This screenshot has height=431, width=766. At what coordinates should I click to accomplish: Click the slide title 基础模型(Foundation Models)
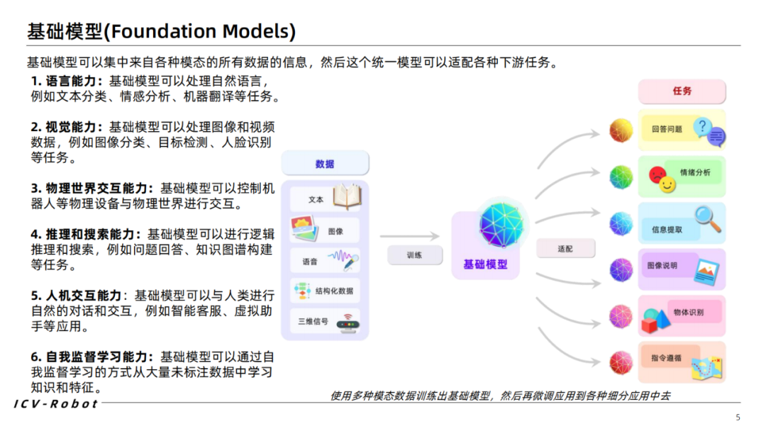pyautogui.click(x=162, y=31)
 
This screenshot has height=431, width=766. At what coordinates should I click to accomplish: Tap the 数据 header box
pyautogui.click(x=325, y=164)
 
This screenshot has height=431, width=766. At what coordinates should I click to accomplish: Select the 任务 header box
pyautogui.click(x=682, y=91)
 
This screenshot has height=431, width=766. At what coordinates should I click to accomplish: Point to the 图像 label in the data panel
pyautogui.click(x=316, y=231)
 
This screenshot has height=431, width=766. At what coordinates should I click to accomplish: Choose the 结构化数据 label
pyautogui.click(x=333, y=291)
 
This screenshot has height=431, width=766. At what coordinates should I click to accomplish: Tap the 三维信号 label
pyautogui.click(x=313, y=321)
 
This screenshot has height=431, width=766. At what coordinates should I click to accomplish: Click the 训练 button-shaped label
pyautogui.click(x=415, y=255)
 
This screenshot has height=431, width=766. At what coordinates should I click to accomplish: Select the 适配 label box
pyautogui.click(x=565, y=249)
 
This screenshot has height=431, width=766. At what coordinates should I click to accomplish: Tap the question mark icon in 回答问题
pyautogui.click(x=702, y=126)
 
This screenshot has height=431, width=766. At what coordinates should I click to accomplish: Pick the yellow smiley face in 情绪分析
pyautogui.click(x=667, y=185)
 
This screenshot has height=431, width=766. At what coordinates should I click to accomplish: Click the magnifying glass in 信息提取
pyautogui.click(x=706, y=218)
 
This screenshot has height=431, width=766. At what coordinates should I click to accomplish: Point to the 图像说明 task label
pyautogui.click(x=662, y=266)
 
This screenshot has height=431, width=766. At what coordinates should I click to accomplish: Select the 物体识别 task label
pyautogui.click(x=688, y=312)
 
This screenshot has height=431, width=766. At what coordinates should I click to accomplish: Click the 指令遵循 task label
pyautogui.click(x=666, y=358)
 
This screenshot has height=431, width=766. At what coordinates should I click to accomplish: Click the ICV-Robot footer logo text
pyautogui.click(x=56, y=403)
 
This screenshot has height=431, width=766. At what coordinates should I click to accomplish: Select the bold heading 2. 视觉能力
pyautogui.click(x=66, y=127)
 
